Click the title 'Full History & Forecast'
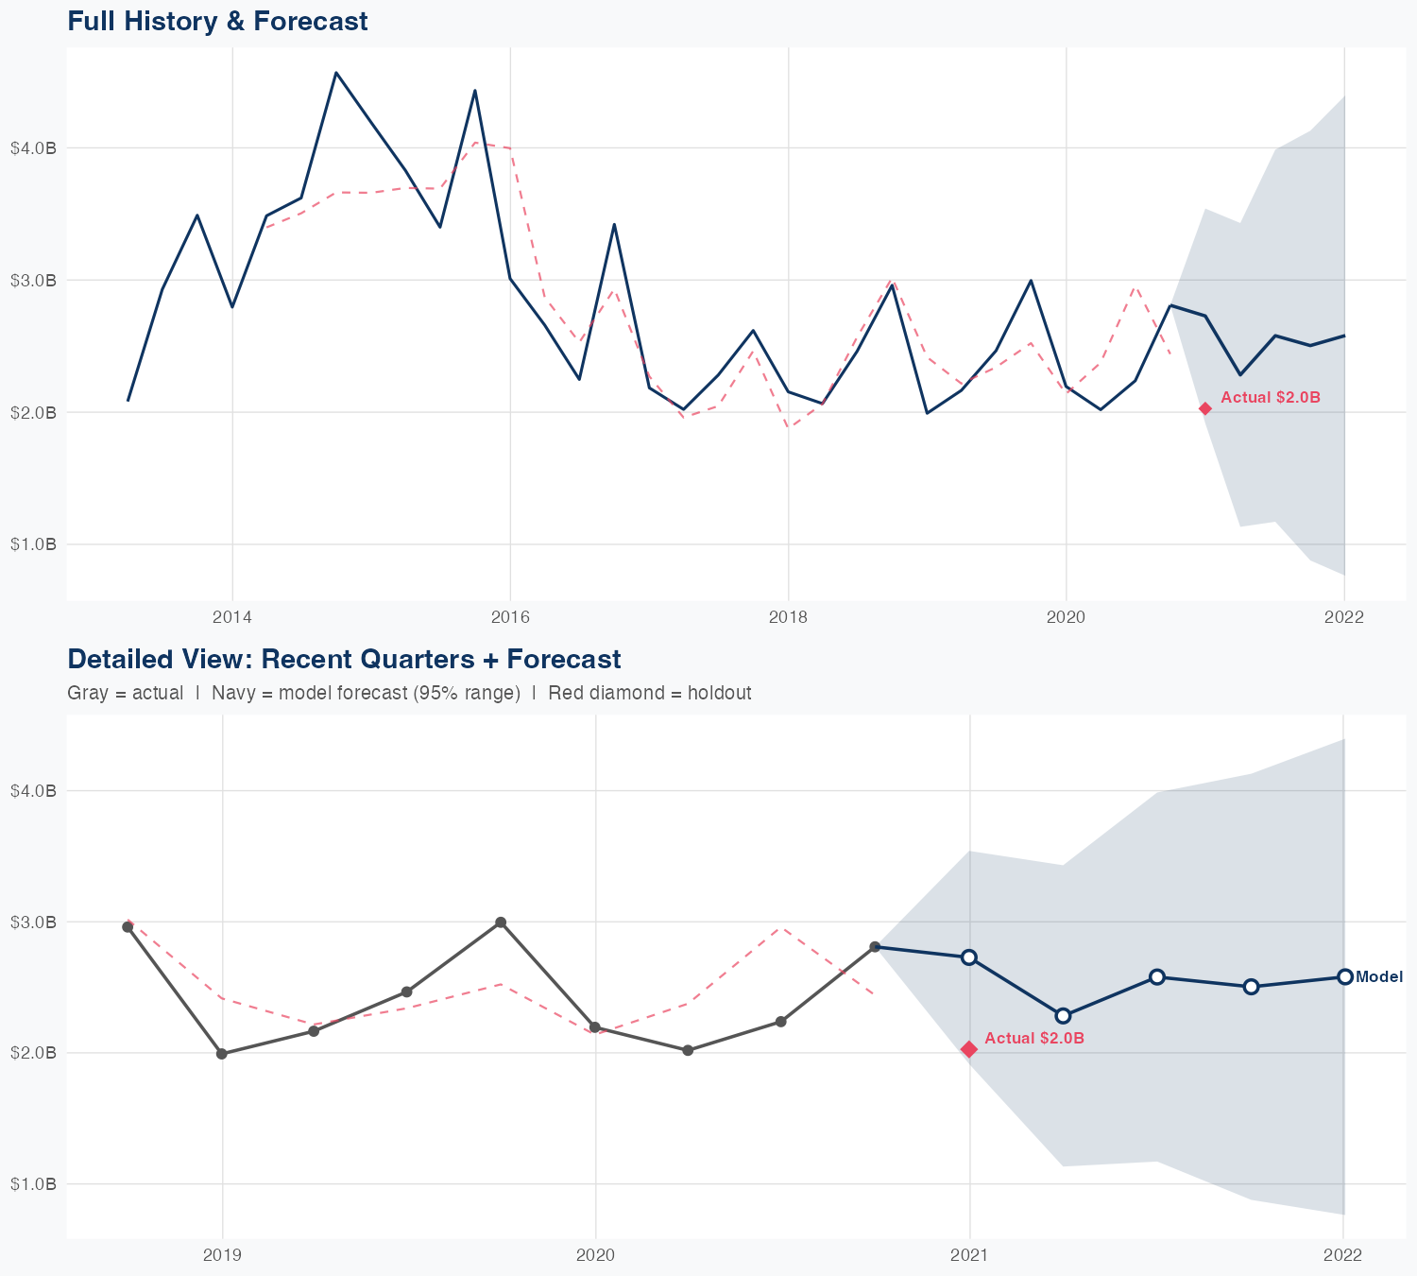click(217, 21)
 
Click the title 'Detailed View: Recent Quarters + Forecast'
click(344, 659)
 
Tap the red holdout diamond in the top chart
click(1205, 408)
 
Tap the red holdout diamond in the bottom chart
click(969, 1049)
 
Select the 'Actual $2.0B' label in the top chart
click(1270, 398)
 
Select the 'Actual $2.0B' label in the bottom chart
click(1033, 1039)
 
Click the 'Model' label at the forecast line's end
click(1379, 977)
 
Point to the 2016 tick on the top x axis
click(510, 618)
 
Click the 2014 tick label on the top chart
click(232, 618)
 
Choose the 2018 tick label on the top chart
click(788, 618)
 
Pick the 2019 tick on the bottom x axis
click(223, 1255)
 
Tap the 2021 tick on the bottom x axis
click(969, 1255)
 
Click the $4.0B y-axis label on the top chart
click(33, 148)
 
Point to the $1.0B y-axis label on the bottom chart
click(33, 1184)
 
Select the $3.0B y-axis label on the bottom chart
click(33, 922)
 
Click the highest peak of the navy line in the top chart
click(336, 73)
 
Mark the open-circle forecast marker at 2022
click(1344, 976)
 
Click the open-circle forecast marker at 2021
click(969, 957)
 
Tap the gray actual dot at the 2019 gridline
click(222, 1054)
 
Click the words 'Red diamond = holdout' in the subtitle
click(649, 693)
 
